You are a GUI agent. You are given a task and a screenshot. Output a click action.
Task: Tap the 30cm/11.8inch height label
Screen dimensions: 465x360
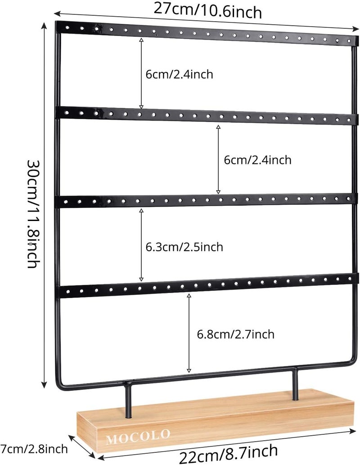[32, 212]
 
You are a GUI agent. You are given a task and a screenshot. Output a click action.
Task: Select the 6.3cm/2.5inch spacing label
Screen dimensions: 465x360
[184, 247]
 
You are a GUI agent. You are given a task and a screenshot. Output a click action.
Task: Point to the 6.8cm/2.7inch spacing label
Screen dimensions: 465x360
[236, 334]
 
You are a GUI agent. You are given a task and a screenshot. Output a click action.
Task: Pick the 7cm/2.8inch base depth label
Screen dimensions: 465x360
[34, 448]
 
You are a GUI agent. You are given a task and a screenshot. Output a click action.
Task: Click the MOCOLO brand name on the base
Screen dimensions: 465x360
[139, 435]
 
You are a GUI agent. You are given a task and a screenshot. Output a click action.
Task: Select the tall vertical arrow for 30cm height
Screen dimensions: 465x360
[44, 205]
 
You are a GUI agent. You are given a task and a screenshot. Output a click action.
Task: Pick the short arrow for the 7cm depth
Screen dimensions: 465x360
[82, 448]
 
